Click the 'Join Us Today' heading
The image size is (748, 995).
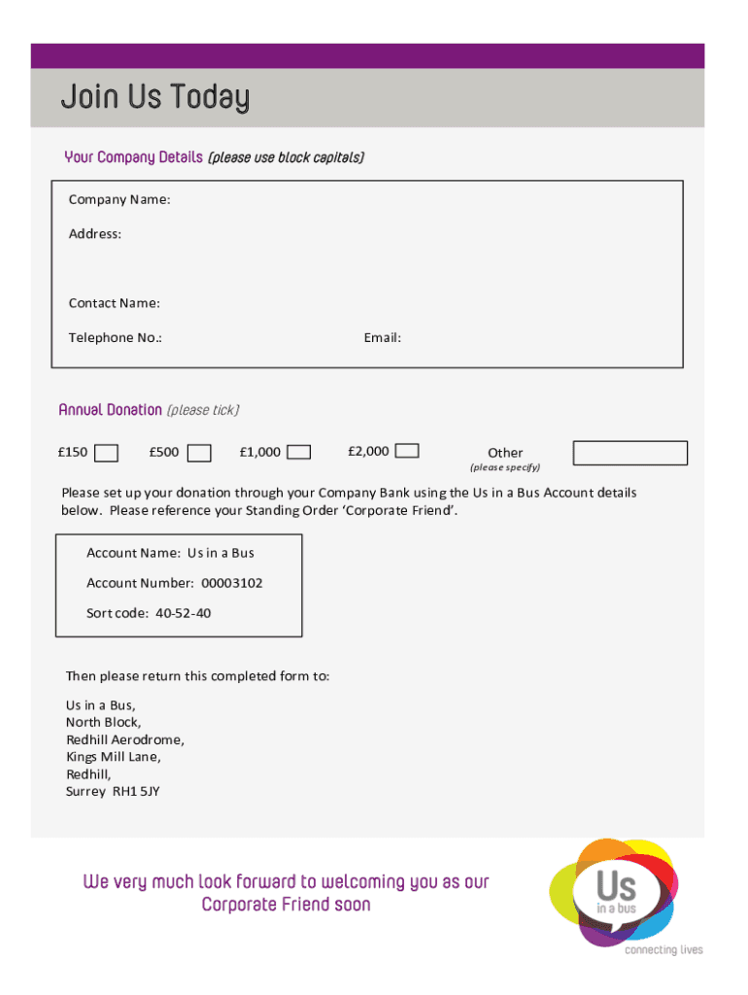click(154, 98)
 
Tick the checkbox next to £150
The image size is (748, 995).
click(107, 453)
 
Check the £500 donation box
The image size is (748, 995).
click(199, 453)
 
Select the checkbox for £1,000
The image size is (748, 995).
click(299, 452)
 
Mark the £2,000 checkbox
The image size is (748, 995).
click(408, 451)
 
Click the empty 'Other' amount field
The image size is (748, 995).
click(629, 453)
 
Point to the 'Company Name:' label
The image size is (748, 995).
click(119, 200)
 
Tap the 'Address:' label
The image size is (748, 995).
click(95, 234)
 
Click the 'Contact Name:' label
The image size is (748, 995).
click(115, 303)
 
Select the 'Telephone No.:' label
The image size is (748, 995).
click(116, 338)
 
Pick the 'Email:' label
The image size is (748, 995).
click(383, 338)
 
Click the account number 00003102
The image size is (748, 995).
click(232, 583)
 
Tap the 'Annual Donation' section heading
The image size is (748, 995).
click(110, 410)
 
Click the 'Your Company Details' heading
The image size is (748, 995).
click(133, 157)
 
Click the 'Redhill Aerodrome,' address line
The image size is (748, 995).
click(124, 739)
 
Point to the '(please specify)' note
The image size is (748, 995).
click(505, 467)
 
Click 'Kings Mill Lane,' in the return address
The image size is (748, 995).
click(114, 757)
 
